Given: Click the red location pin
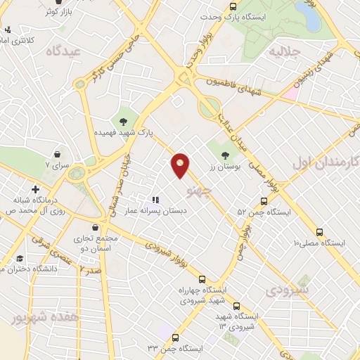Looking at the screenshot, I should [x=181, y=165].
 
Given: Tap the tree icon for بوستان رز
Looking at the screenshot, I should [x=225, y=155].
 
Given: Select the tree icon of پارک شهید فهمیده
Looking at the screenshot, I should [x=124, y=122].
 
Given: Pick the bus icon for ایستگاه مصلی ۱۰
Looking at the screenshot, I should [x=320, y=231].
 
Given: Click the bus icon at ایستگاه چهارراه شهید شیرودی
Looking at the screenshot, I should [x=202, y=279].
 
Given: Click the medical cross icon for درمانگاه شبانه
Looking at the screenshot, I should [x=35, y=188].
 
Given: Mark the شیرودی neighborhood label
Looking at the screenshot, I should [x=286, y=290].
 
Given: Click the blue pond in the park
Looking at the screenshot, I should [x=307, y=15].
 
